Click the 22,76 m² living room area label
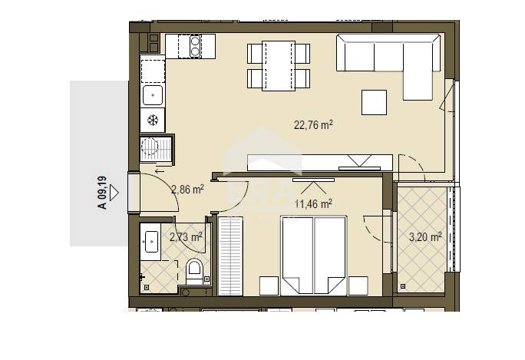[x=313, y=125]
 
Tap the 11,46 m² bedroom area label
[x=313, y=203]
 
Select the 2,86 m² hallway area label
[x=187, y=190]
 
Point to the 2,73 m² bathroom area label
[x=186, y=237]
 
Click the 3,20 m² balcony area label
[x=425, y=237]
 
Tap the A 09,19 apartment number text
[x=102, y=193]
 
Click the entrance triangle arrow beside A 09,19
[x=114, y=193]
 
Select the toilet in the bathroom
[x=194, y=271]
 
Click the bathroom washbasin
[x=150, y=242]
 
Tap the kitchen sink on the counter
[x=153, y=95]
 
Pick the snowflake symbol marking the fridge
[x=153, y=120]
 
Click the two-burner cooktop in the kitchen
[x=195, y=46]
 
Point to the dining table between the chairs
[x=279, y=66]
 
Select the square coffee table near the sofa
[x=374, y=102]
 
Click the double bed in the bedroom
[x=313, y=256]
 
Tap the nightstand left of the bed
[x=269, y=286]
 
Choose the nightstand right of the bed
[x=358, y=286]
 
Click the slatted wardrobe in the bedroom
[x=230, y=256]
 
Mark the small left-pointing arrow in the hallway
[x=160, y=171]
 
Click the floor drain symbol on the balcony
[x=403, y=286]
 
